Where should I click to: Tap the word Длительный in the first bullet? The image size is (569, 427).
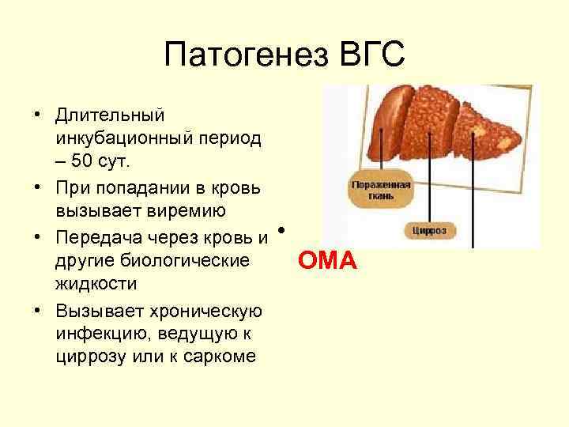pos(110,115)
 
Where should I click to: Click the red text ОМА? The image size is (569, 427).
pos(327,259)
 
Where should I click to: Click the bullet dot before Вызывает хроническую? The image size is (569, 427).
pos(37,308)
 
